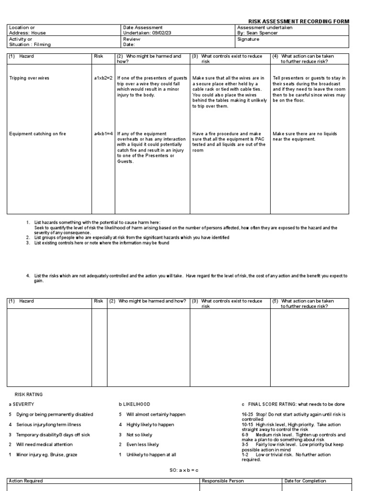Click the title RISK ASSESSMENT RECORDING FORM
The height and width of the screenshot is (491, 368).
298,22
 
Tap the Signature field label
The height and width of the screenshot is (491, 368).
248,39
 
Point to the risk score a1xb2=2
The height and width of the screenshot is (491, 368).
103,78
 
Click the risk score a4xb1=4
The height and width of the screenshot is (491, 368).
103,134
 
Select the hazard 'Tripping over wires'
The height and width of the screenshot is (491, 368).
29,78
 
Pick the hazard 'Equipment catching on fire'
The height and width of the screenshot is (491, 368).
37,134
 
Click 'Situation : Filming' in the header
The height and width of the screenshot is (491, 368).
30,45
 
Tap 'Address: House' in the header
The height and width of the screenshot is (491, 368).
27,33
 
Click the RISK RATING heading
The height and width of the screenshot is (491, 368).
29,394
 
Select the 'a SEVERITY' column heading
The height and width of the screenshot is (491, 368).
22,404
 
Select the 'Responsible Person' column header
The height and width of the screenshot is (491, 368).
223,480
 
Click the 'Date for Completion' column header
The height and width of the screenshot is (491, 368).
305,480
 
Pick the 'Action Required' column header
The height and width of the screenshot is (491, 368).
26,480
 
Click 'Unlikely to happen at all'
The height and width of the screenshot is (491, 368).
152,455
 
